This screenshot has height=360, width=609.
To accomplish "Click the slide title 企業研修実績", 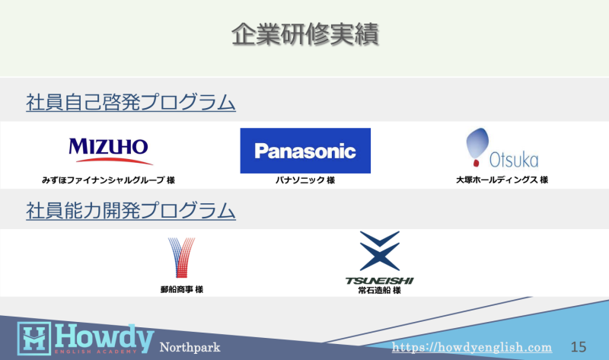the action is pyautogui.click(x=305, y=34).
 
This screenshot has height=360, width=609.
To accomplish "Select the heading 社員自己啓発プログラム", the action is pyautogui.click(x=131, y=102).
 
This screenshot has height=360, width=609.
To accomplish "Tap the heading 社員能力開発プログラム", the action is pyautogui.click(x=131, y=211).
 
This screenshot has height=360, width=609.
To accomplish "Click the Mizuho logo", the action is pyautogui.click(x=110, y=151).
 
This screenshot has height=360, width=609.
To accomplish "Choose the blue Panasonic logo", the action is pyautogui.click(x=305, y=151).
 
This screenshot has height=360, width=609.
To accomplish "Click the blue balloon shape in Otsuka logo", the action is pyautogui.click(x=477, y=144).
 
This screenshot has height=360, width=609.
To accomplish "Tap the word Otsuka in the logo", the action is pyautogui.click(x=514, y=160).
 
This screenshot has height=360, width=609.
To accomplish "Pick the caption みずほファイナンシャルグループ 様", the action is pyautogui.click(x=108, y=180).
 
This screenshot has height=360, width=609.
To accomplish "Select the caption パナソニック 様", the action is pyautogui.click(x=305, y=180).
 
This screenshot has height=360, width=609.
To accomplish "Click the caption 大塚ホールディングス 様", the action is pyautogui.click(x=502, y=180).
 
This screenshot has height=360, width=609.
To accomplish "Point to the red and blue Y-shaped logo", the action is pyautogui.click(x=181, y=257).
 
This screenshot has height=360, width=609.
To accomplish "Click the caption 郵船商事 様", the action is pyautogui.click(x=182, y=289).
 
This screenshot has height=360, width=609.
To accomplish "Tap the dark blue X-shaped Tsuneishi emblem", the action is pyautogui.click(x=379, y=251).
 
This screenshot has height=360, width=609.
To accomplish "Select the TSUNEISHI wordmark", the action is pyautogui.click(x=379, y=281).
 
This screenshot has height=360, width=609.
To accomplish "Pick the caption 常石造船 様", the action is pyautogui.click(x=379, y=291).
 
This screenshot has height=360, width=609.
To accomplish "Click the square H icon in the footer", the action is pyautogui.click(x=34, y=338).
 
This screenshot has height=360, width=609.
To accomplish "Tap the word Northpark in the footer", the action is pyautogui.click(x=190, y=347).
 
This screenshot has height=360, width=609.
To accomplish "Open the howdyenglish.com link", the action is pyautogui.click(x=472, y=347).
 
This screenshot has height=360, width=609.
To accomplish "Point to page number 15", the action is pyautogui.click(x=579, y=347).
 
